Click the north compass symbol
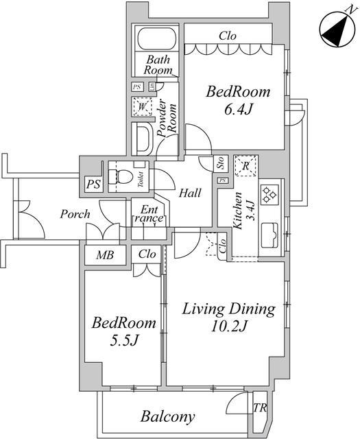339,28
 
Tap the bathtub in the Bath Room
157,38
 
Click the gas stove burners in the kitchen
270,194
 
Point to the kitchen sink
269,235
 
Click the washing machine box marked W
143,106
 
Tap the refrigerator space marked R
245,165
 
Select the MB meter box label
105,254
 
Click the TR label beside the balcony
260,407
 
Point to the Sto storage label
220,163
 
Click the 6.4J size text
238,108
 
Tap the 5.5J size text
124,340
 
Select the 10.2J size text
229,325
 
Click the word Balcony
168,416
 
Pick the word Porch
75,214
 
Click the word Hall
190,193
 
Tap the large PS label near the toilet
93,185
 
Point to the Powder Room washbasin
143,139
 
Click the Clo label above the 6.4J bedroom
228,36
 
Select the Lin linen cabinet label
152,86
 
